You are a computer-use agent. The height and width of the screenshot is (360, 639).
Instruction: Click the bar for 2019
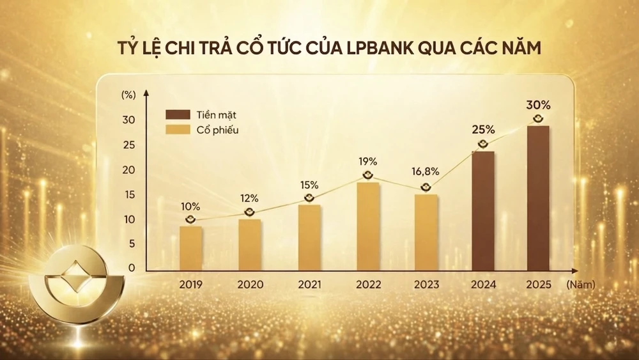pyautogui.click(x=190, y=247)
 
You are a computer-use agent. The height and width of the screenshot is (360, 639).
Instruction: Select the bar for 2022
pyautogui.click(x=368, y=226)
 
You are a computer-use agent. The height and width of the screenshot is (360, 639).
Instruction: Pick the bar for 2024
pyautogui.click(x=483, y=210)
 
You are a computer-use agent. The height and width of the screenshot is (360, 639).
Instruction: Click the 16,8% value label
pyautogui.click(x=426, y=173)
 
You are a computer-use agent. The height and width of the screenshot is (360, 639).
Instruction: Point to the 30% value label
pyautogui.click(x=537, y=104)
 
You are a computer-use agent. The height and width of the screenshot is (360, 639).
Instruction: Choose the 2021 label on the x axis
pyautogui.click(x=309, y=285)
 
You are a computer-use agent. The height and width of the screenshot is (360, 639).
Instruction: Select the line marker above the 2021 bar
pyautogui.click(x=309, y=199)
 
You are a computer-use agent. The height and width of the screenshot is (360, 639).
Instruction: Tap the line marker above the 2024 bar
pyautogui.click(x=483, y=145)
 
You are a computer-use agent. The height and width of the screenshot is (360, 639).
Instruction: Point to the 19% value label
pyautogui.click(x=368, y=162)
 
